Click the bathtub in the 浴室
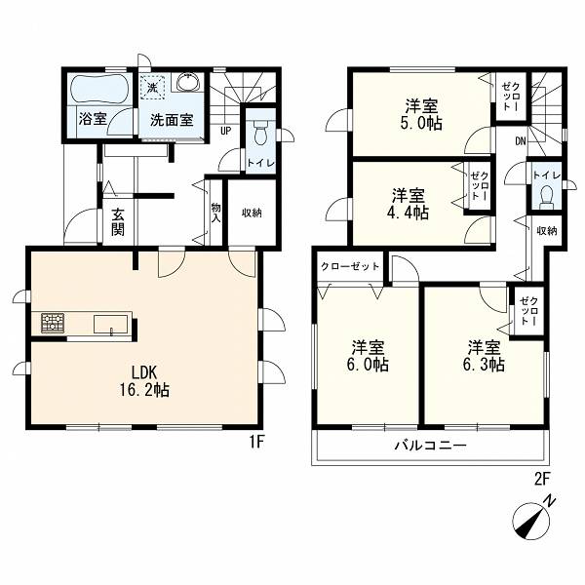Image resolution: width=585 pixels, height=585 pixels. (x=99, y=90)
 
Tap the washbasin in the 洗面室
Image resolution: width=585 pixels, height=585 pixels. (x=188, y=82)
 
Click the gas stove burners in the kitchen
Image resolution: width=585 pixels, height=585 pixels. (x=53, y=323)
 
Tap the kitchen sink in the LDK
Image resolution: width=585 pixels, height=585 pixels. (x=111, y=324)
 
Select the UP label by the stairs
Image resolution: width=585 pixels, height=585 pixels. (x=226, y=131)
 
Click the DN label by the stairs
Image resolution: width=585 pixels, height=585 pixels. (x=521, y=141)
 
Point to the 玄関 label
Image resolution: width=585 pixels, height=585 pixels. (x=118, y=222)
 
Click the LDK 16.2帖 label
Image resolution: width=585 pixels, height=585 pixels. (x=144, y=381)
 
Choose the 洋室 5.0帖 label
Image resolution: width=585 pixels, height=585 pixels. (x=421, y=114)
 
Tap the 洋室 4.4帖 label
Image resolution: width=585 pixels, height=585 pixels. (x=408, y=204)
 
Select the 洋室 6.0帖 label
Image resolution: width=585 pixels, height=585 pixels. (x=368, y=356)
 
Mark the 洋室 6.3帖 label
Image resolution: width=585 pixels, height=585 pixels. (x=485, y=356)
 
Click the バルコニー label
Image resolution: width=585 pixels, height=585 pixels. (x=431, y=446)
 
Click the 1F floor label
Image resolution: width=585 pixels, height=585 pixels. (x=256, y=443)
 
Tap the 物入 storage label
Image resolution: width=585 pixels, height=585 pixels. (x=216, y=213)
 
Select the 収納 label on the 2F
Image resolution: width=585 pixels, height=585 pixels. (x=547, y=231)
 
